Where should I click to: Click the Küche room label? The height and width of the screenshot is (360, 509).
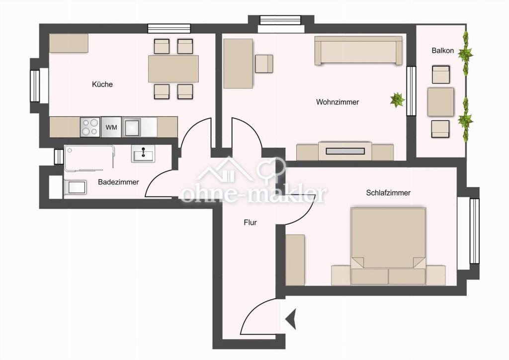(102, 85)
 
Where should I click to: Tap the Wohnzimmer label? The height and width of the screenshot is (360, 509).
(338, 102)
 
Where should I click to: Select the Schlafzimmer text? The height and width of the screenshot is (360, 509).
(388, 193)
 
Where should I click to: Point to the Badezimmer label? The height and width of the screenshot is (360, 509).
(118, 182)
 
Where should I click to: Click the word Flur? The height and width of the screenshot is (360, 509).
(251, 223)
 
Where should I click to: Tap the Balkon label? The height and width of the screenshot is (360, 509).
(442, 51)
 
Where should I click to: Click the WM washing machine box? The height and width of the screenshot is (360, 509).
(111, 127)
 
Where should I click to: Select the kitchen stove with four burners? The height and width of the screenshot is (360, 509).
(90, 127)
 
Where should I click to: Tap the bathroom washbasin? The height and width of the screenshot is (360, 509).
(143, 153)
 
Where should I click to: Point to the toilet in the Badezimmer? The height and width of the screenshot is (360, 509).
(76, 187)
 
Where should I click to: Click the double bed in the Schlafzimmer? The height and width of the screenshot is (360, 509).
(388, 246)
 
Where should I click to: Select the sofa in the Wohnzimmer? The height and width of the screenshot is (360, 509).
(358, 50)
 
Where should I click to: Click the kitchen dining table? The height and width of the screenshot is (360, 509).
(173, 69)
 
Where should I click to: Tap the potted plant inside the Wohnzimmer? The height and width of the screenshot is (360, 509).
(397, 99)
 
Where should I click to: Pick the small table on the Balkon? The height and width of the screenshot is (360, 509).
(440, 102)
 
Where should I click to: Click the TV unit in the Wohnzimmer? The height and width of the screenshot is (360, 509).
(345, 151)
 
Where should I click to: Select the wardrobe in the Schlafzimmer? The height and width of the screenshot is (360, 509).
(295, 260)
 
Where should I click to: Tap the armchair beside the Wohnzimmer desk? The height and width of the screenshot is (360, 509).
(264, 64)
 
